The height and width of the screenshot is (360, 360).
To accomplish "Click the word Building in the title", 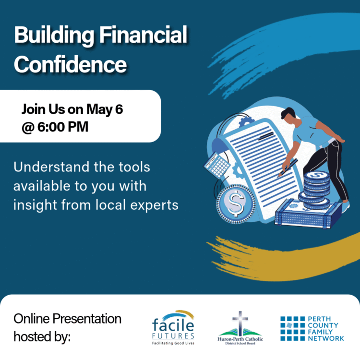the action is coord(54,36).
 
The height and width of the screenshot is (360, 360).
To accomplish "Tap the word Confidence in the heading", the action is coord(70,64).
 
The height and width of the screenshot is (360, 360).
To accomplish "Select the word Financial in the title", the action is coord(143,35).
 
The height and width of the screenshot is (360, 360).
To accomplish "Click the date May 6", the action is coord(105,109).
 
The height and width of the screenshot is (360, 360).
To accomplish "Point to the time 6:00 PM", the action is coord(63,127).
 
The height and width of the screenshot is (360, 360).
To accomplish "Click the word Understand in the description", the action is coord(51,167).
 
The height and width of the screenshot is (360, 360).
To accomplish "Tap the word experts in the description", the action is coord(154,205).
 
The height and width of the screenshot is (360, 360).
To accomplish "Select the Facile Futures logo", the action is coord(173,327).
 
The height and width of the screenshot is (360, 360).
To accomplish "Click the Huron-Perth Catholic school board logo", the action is coord(240,328).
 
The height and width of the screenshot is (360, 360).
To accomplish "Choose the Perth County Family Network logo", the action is coord(312,328).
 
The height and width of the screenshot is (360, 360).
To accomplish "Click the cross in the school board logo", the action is coord(240,323).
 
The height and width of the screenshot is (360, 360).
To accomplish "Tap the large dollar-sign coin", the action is coord(236,204).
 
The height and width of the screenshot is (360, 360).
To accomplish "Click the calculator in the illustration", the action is coord(217,165).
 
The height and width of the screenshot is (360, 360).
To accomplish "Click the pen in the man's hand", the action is coord(288,168).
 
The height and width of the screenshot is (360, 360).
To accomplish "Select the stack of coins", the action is coord(315,191).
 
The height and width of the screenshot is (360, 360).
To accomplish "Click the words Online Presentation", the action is coord(68,319).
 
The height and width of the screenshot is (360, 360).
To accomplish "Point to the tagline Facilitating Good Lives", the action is coord(173,343).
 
